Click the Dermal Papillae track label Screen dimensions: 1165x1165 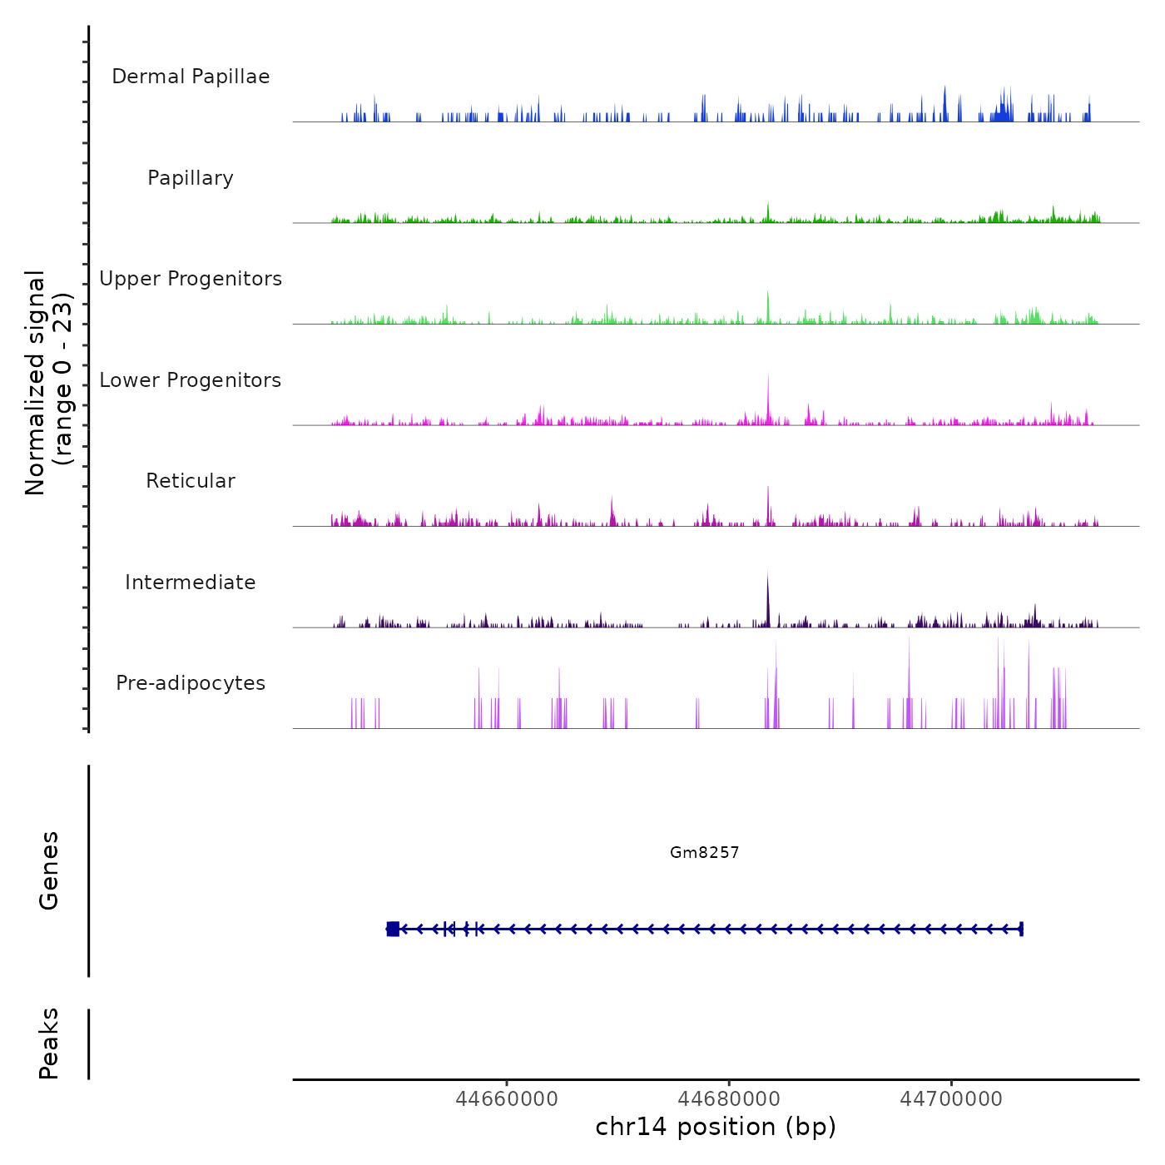tap(191, 77)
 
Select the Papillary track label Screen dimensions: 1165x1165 tap(191, 178)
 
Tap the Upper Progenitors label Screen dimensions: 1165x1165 tap(191, 279)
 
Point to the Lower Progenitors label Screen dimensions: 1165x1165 tap(191, 380)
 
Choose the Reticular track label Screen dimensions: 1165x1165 tap(191, 481)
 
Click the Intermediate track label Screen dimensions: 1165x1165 tap(191, 582)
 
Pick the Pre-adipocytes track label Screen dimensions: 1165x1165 tap(191, 683)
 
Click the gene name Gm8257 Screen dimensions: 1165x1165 tap(704, 852)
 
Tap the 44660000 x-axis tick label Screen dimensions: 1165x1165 tap(507, 1098)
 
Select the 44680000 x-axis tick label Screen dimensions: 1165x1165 tap(729, 1098)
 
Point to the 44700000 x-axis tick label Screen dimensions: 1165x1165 tap(951, 1098)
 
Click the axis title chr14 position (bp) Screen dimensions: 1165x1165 tap(716, 1127)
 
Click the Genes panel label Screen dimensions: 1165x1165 tap(49, 870)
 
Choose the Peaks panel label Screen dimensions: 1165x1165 tap(49, 1043)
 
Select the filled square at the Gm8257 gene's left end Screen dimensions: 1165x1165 tap(393, 929)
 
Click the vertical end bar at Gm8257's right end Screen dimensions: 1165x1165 tap(1021, 929)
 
